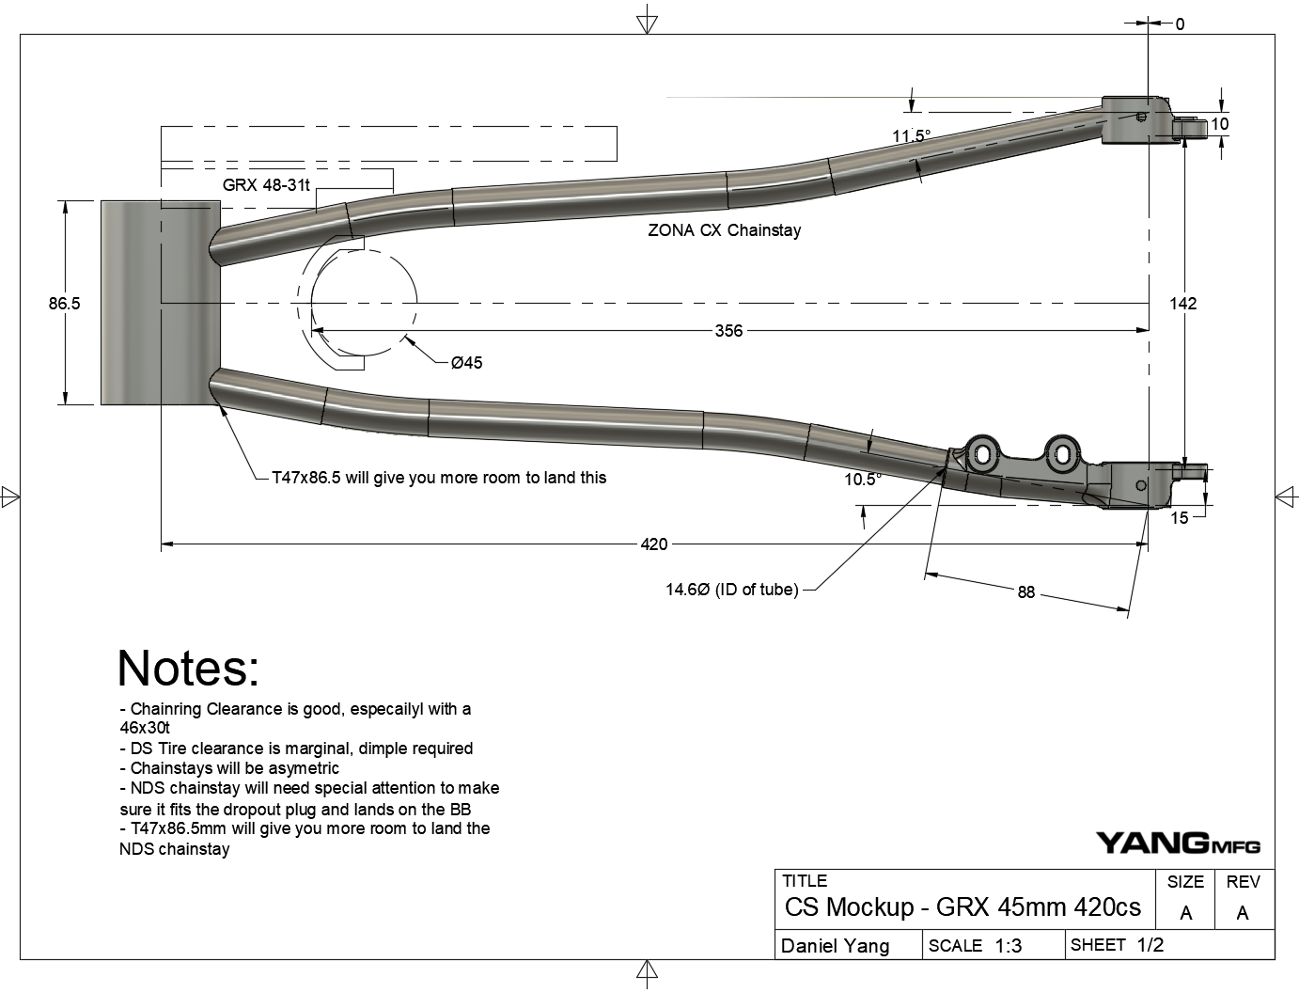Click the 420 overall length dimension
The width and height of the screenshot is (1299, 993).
click(x=654, y=544)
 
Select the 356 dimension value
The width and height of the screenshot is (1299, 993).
click(x=728, y=331)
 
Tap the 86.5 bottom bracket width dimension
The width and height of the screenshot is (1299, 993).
click(x=65, y=304)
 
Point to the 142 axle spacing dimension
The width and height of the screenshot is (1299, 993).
click(x=1182, y=303)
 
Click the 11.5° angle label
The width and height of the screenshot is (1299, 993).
click(x=911, y=137)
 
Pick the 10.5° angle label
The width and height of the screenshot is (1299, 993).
click(x=863, y=480)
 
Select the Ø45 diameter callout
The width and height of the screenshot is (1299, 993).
click(x=466, y=363)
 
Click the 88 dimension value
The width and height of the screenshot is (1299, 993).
click(x=1025, y=591)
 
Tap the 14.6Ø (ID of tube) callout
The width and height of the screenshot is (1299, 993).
click(x=731, y=590)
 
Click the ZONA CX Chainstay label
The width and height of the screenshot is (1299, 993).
click(x=724, y=230)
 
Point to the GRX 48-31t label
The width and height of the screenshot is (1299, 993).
click(x=266, y=185)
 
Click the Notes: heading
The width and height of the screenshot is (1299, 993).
click(x=188, y=669)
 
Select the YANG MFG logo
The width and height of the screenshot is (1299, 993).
click(x=1178, y=843)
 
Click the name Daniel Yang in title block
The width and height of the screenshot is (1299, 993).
click(x=835, y=946)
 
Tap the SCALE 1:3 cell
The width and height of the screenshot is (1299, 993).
click(x=975, y=946)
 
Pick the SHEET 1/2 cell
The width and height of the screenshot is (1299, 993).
click(x=1117, y=945)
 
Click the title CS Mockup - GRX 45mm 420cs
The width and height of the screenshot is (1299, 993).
click(x=963, y=906)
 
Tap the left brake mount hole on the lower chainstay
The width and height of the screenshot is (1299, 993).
click(x=981, y=456)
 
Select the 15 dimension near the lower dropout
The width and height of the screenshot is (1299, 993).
click(x=1180, y=517)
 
